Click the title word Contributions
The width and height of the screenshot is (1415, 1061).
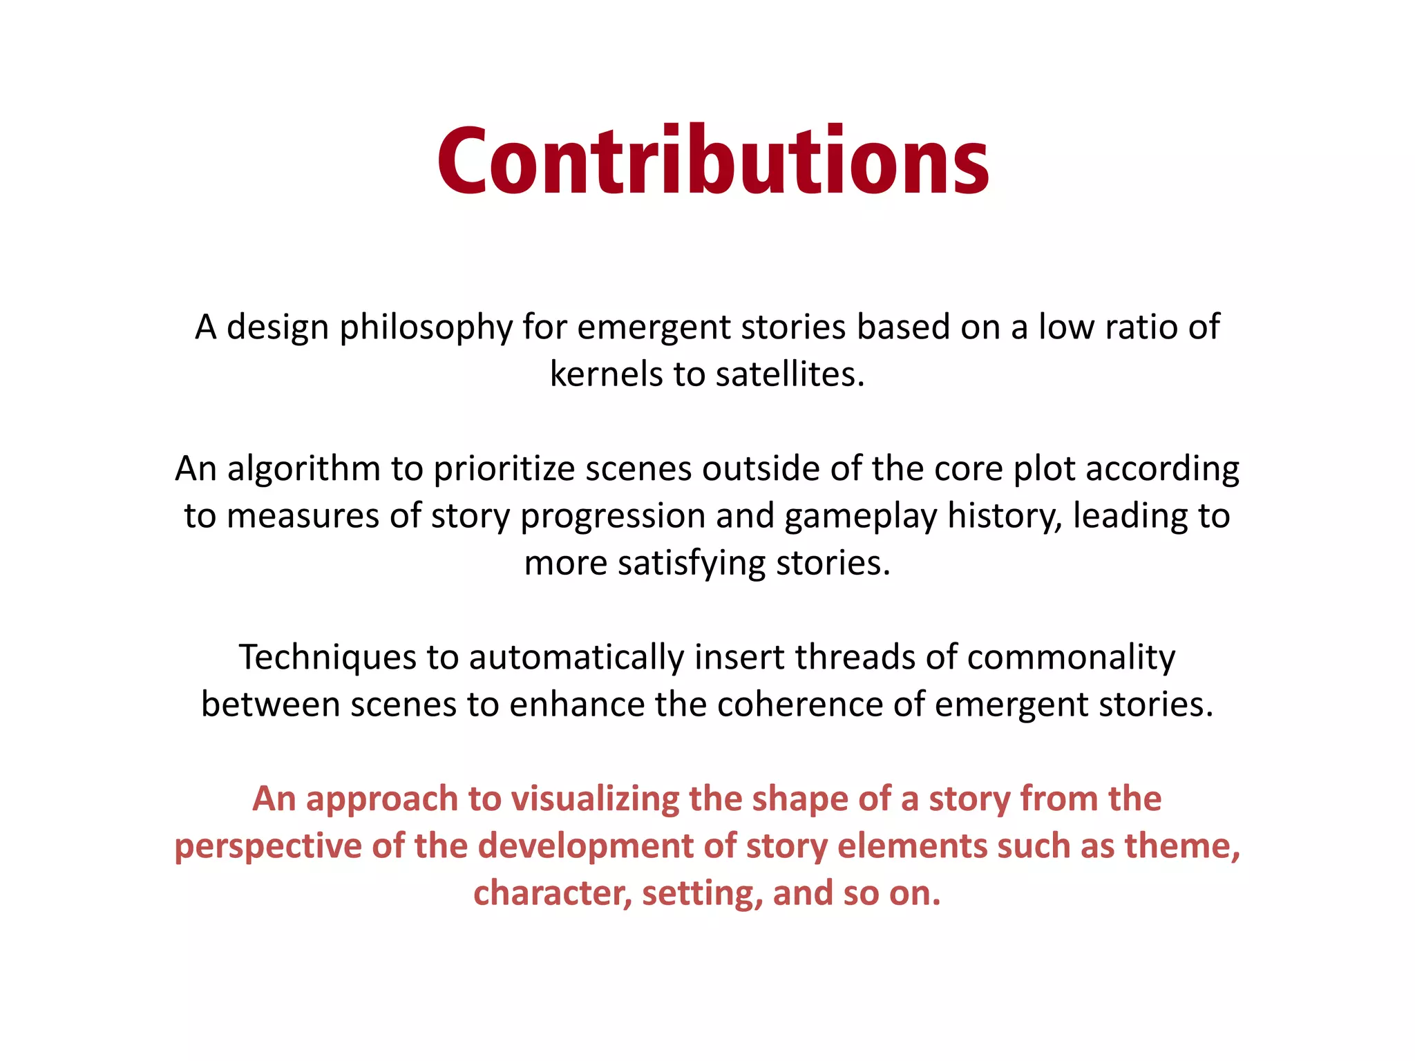[x=713, y=162]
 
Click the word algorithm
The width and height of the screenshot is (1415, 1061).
[x=304, y=469]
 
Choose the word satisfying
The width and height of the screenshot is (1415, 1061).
[x=691, y=563]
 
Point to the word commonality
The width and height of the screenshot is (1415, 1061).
[x=1071, y=657]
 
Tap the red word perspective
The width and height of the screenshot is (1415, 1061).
[x=268, y=847]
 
